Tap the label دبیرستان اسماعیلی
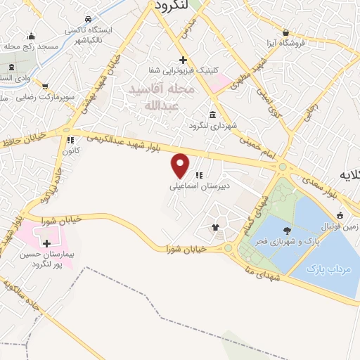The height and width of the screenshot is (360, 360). point(189,188)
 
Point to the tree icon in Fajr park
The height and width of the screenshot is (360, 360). point(286,231)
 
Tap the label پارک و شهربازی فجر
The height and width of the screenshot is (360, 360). point(290,241)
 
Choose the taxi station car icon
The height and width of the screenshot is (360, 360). point(86,20)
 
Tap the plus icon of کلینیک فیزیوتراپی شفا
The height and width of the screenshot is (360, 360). point(182,60)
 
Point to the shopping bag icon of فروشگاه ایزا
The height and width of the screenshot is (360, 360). point(286,32)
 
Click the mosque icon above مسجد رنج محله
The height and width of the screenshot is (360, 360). point(30,36)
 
